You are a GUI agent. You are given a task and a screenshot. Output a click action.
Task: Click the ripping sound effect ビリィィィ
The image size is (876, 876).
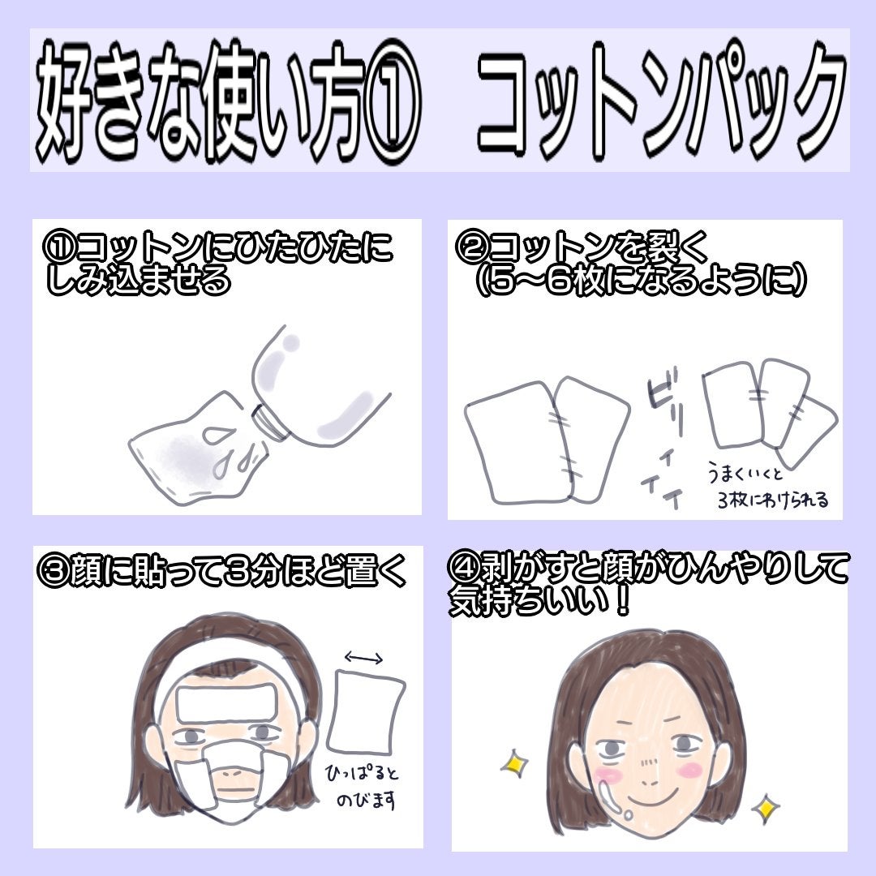click(661, 438)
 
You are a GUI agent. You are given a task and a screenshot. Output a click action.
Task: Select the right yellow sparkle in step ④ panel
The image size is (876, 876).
click(765, 808)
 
